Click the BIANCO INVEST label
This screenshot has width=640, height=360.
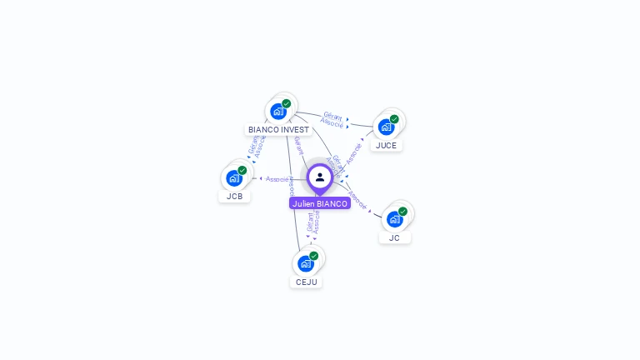click(278, 130)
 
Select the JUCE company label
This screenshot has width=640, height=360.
click(386, 145)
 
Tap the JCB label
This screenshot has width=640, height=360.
click(234, 197)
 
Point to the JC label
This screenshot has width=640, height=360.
click(394, 237)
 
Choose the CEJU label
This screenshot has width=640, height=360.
click(306, 282)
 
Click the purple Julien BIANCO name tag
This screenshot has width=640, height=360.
click(320, 203)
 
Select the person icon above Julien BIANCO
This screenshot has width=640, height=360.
click(320, 177)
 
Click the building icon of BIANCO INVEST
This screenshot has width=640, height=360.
click(278, 111)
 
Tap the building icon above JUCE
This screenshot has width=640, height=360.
click(386, 127)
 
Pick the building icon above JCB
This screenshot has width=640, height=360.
click(234, 177)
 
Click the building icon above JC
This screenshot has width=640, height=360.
click(394, 218)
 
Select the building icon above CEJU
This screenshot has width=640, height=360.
click(306, 263)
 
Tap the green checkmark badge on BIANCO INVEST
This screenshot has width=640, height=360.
click(287, 104)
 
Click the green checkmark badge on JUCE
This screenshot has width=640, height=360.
click(394, 119)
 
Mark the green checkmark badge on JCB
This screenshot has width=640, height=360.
click(242, 170)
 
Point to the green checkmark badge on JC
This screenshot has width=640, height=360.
click(402, 212)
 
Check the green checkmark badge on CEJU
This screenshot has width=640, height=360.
click(314, 256)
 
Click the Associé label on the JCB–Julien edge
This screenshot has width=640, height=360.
click(277, 179)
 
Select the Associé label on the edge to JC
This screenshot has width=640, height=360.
click(357, 199)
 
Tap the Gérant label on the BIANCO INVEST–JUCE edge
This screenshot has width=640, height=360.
click(332, 116)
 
